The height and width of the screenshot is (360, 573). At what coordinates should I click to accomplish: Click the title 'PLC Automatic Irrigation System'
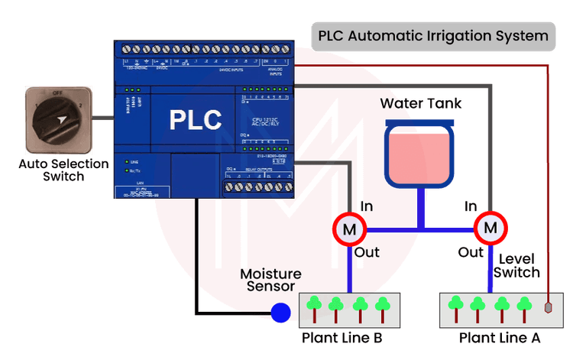(432, 36)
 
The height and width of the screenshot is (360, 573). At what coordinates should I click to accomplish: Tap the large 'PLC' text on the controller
(196, 120)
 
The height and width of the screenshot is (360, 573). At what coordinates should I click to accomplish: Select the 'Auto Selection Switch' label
(51, 170)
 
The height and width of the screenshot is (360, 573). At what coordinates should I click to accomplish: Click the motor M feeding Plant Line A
(490, 228)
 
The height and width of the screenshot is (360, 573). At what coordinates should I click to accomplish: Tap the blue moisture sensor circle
(282, 313)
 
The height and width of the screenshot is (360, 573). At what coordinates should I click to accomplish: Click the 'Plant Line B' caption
(341, 338)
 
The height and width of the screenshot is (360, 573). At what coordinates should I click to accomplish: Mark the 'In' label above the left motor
(366, 206)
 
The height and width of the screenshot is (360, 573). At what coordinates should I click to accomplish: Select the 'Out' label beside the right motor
(471, 251)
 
